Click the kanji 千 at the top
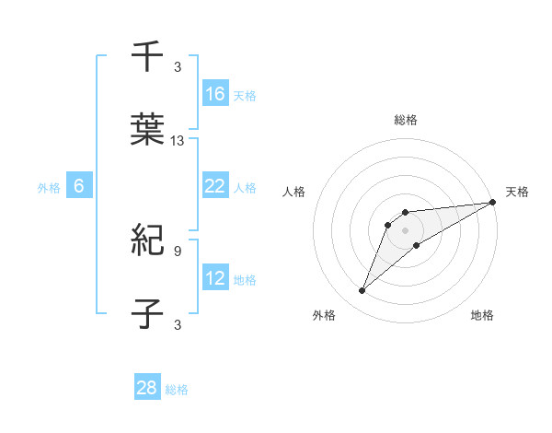click(147, 56)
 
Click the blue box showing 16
click(215, 93)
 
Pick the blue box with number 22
click(215, 186)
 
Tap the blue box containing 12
click(215, 278)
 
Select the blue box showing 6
click(79, 186)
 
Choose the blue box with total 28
click(147, 388)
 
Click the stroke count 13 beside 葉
click(178, 141)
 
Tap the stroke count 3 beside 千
click(177, 66)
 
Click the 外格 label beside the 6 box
click(49, 187)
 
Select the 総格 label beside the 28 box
click(177, 390)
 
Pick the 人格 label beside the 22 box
click(245, 187)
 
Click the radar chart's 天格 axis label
click(517, 192)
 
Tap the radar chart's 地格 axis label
click(482, 316)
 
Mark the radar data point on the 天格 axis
click(492, 202)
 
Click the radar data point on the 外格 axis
click(362, 291)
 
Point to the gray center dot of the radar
click(405, 229)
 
